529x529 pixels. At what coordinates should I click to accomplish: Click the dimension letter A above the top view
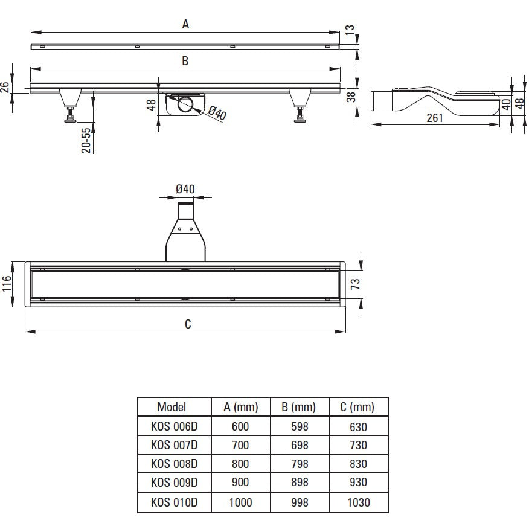click(185, 24)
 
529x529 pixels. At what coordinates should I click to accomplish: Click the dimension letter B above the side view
click(185, 61)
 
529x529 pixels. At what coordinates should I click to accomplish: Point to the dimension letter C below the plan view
click(188, 324)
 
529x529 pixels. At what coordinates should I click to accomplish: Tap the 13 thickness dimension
click(350, 30)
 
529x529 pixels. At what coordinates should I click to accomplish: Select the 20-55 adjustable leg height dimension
click(86, 140)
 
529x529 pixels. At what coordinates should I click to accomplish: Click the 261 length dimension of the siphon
click(435, 118)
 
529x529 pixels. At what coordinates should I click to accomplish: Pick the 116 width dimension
click(7, 283)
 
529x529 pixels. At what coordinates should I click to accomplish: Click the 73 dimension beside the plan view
click(355, 284)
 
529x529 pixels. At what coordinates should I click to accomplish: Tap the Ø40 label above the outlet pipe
click(185, 189)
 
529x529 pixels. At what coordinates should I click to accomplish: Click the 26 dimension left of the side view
click(5, 88)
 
